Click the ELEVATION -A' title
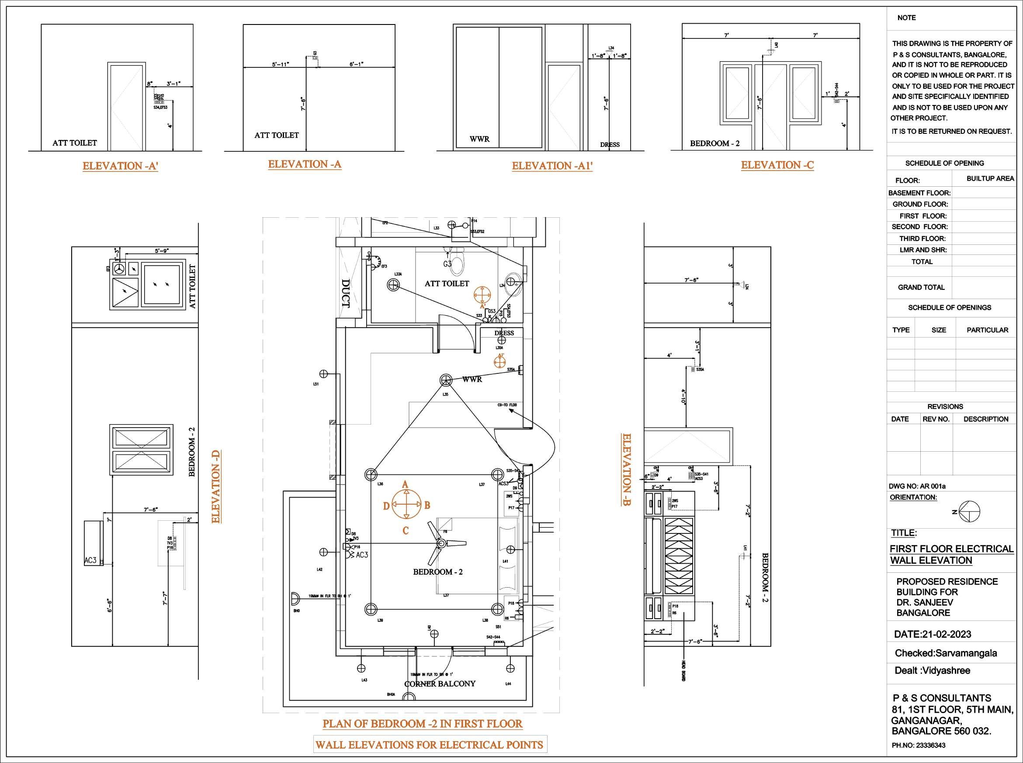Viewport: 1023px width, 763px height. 120,166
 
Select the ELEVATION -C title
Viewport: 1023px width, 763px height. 777,165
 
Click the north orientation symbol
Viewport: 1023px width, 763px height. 968,512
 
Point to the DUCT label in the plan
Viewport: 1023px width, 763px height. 346,293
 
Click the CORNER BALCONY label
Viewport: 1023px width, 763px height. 440,683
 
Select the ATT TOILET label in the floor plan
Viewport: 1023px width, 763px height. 447,284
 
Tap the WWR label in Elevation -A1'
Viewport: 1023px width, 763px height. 479,139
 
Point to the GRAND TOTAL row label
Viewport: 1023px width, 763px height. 921,287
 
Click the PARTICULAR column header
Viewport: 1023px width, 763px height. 988,330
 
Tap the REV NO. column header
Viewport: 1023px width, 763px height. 936,419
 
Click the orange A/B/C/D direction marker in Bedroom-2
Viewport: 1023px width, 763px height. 406,505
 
